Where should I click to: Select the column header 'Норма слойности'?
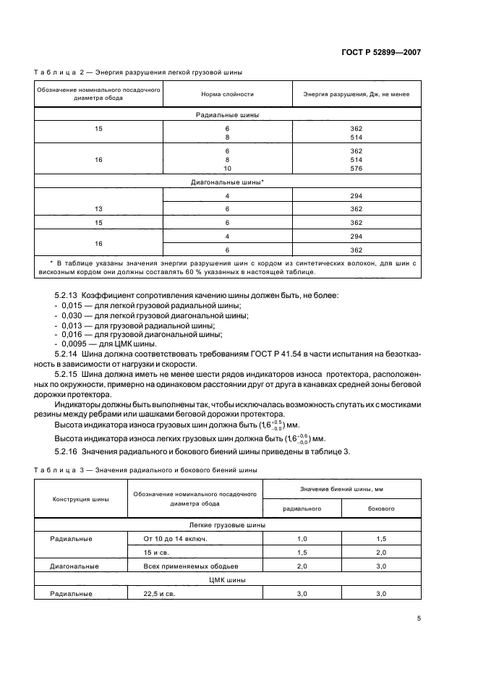(227, 95)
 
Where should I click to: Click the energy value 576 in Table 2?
(356, 168)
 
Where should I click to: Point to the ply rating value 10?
(227, 168)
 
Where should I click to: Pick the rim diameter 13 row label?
(99, 208)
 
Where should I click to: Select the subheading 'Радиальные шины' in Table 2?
(227, 115)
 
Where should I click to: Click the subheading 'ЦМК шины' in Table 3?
(227, 580)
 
